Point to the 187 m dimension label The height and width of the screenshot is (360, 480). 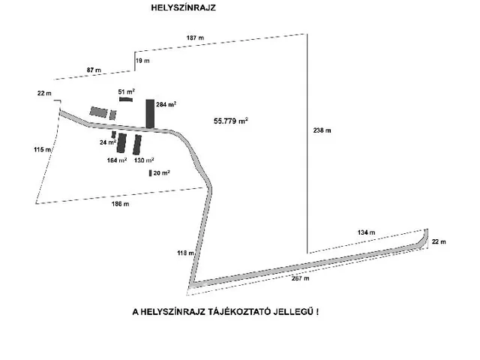(x=195, y=37)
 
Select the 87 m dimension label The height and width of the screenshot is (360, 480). (x=94, y=69)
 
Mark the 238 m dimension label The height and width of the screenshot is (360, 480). (x=322, y=130)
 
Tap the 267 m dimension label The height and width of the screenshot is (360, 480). (x=300, y=278)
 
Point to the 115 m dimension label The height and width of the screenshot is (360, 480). (x=43, y=149)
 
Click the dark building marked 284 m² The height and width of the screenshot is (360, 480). (x=150, y=113)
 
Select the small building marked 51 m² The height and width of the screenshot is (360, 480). (x=126, y=98)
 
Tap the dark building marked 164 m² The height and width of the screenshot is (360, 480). (x=121, y=142)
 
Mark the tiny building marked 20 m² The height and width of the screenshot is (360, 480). (x=151, y=173)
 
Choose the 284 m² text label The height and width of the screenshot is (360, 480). (x=166, y=105)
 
